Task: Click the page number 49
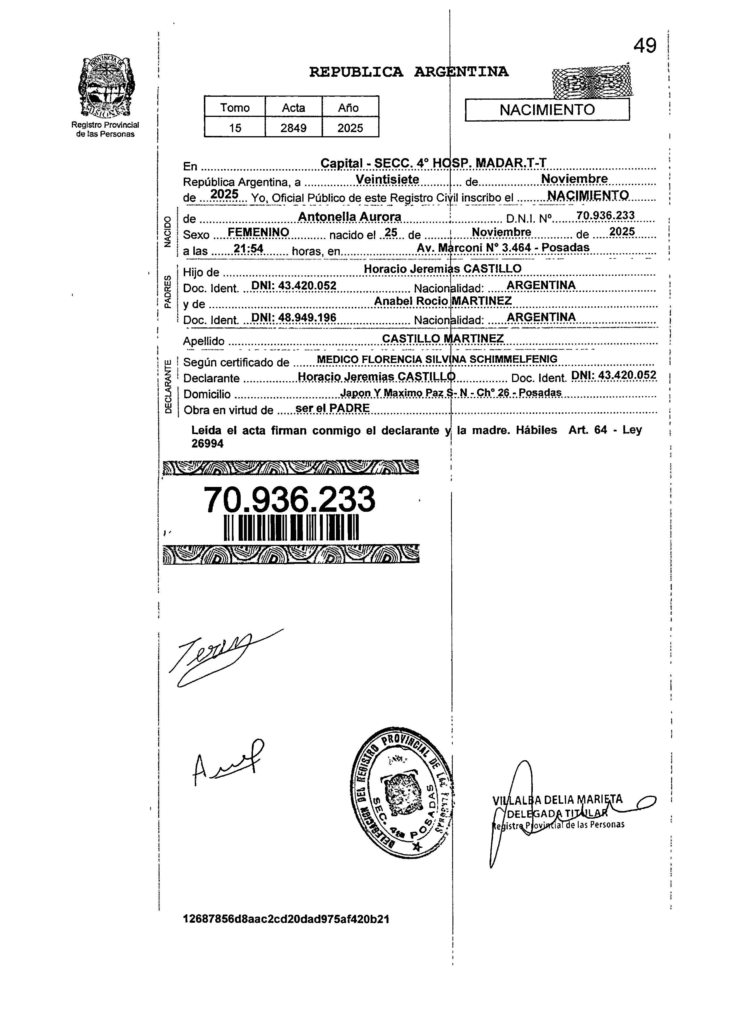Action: click(645, 45)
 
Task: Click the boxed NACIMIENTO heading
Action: click(547, 110)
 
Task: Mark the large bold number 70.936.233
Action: click(289, 499)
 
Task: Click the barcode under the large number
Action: click(291, 527)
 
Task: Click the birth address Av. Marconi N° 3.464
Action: click(502, 247)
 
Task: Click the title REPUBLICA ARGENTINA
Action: click(409, 72)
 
